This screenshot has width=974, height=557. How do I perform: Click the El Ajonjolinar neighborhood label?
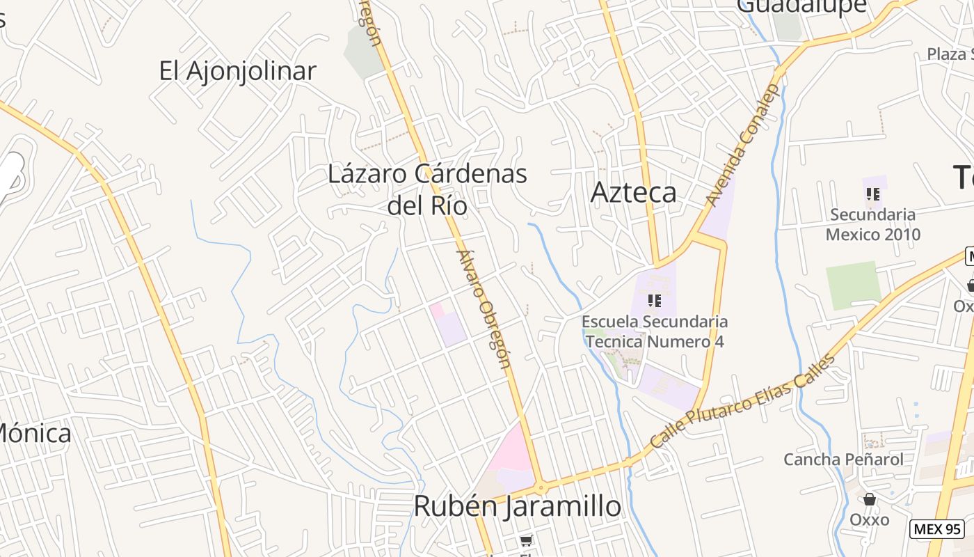pos(237,71)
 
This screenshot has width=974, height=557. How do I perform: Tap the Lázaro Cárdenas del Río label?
pos(427,189)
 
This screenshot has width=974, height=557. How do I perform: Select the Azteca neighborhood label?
pos(633,192)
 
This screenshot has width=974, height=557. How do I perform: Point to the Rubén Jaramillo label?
pos(517,506)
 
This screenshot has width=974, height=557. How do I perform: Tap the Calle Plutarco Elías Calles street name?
pos(742,402)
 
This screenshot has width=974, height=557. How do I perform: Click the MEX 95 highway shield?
pos(937,528)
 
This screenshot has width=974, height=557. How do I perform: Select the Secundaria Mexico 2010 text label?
pos(872,224)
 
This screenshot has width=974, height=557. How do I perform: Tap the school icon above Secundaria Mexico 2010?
pos(873,194)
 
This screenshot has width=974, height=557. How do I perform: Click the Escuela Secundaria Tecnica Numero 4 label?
pos(655,331)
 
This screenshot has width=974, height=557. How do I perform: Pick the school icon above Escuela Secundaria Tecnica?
pos(654,300)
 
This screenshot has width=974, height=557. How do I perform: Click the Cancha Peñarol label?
pos(843,460)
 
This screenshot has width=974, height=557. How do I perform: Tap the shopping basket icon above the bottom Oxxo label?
pos(869,499)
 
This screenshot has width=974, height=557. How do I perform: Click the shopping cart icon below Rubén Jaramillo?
pos(526,541)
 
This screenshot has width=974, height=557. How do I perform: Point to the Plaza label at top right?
pos(950,54)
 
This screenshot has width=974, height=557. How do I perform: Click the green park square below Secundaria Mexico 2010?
pos(853,285)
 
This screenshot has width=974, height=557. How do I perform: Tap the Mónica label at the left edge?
pos(35,433)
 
